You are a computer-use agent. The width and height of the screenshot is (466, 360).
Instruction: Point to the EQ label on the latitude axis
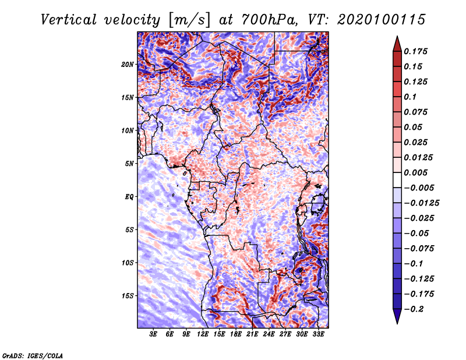coord(129,196)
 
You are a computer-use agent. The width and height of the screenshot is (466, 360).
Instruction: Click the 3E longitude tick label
coord(154,335)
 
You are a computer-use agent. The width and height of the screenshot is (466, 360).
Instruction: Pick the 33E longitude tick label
coord(319,335)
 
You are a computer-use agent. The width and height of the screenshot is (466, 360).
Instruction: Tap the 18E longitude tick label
coord(236,335)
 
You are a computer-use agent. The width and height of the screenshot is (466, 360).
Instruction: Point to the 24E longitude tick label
coord(269,335)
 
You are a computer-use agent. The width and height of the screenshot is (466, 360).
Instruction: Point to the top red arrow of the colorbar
coord(397,41)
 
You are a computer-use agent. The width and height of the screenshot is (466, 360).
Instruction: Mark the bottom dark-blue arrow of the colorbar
coord(397,317)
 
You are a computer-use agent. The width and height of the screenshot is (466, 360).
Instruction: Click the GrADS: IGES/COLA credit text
coord(33,355)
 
